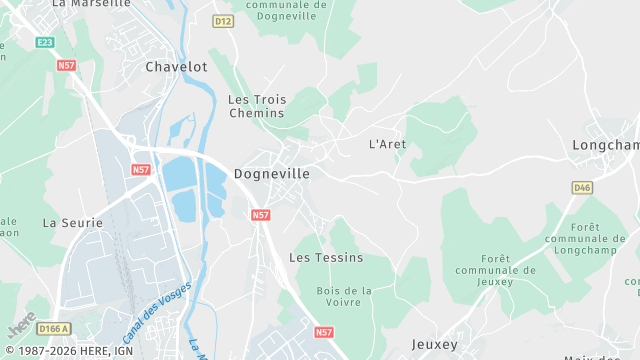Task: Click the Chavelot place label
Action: click(x=176, y=67)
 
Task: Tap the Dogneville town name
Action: click(x=271, y=173)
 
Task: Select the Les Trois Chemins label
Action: click(x=256, y=106)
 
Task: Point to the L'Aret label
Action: click(x=387, y=144)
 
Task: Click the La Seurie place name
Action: click(x=68, y=222)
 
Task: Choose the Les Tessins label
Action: click(x=319, y=257)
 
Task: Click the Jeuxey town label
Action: click(x=434, y=344)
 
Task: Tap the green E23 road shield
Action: click(x=45, y=42)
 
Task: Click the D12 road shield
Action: click(x=223, y=21)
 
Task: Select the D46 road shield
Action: click(x=582, y=187)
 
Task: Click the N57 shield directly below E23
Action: click(x=67, y=66)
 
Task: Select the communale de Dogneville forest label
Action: click(x=286, y=10)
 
